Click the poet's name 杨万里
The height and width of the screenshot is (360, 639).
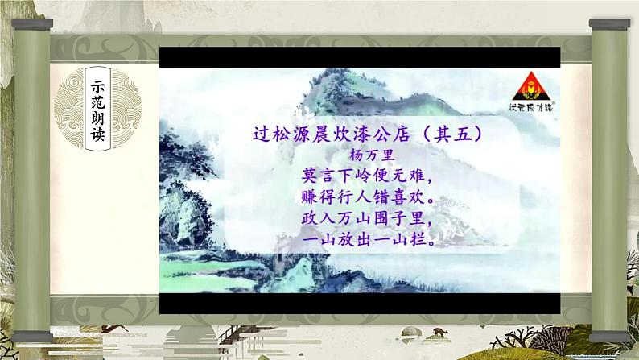(x=372, y=155)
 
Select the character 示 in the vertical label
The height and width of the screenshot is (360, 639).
(x=98, y=86)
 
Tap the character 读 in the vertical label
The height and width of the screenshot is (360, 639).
(x=98, y=134)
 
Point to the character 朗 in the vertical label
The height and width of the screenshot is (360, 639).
(x=98, y=118)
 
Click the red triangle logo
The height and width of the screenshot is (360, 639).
(x=531, y=86)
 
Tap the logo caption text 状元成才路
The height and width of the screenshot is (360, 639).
(x=531, y=107)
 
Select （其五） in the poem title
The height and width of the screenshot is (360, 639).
(x=453, y=134)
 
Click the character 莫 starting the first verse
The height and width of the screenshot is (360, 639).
(x=310, y=176)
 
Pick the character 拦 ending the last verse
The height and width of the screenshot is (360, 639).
(x=418, y=239)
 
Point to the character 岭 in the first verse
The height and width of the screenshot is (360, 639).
(x=364, y=176)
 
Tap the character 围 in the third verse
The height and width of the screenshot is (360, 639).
(x=381, y=218)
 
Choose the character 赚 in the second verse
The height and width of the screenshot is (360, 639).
(x=310, y=197)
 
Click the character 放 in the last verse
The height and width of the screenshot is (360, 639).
(x=345, y=239)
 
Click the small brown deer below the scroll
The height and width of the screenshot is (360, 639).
(x=439, y=332)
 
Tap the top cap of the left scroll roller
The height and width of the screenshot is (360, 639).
(x=32, y=24)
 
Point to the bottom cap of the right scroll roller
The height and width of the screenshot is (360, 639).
(x=610, y=337)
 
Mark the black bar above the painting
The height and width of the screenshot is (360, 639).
(x=360, y=57)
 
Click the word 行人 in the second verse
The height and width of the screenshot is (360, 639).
(x=355, y=197)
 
